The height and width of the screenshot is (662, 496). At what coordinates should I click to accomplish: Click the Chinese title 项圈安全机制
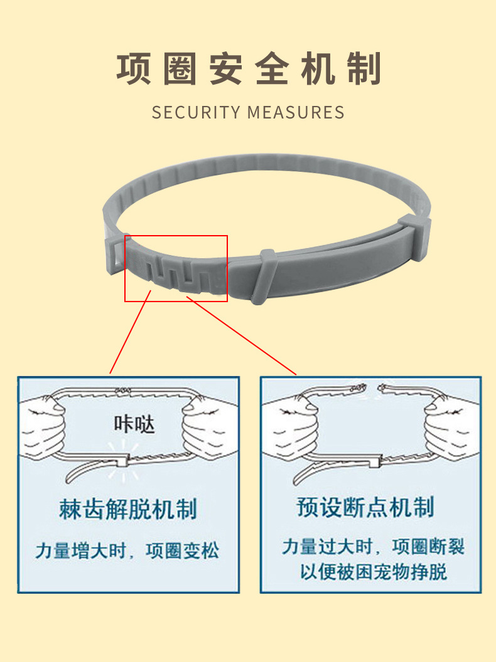(x=249, y=70)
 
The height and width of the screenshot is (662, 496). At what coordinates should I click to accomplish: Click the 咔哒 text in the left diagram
(x=133, y=424)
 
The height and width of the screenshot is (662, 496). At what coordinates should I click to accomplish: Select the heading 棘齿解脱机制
(x=128, y=508)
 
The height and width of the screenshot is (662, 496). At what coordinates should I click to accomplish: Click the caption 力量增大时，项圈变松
(x=127, y=551)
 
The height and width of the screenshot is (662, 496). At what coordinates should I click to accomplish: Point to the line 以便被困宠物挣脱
(x=373, y=572)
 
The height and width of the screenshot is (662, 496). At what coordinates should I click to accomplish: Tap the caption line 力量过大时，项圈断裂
(x=373, y=546)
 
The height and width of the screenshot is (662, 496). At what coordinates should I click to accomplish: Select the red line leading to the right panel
(x=242, y=335)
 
